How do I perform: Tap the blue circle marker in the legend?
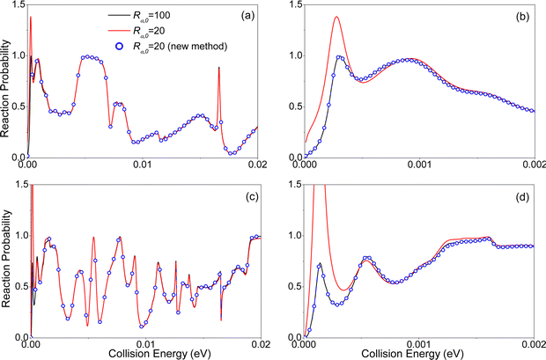click(x=120, y=47)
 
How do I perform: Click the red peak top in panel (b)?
click(x=336, y=17)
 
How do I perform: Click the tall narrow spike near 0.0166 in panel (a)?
click(x=218, y=68)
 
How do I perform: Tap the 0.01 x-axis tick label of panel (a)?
click(x=143, y=165)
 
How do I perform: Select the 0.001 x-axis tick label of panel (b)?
click(x=419, y=165)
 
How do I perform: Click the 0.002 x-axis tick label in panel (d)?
click(x=535, y=345)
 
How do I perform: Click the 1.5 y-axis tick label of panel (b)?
click(x=295, y=4)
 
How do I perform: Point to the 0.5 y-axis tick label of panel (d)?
click(x=295, y=287)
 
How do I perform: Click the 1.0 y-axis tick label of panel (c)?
click(x=21, y=235)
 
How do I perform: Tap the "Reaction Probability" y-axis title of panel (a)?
click(x=5, y=88)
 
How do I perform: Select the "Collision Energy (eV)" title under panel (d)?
click(x=412, y=355)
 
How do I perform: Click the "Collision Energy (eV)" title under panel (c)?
click(x=159, y=355)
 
